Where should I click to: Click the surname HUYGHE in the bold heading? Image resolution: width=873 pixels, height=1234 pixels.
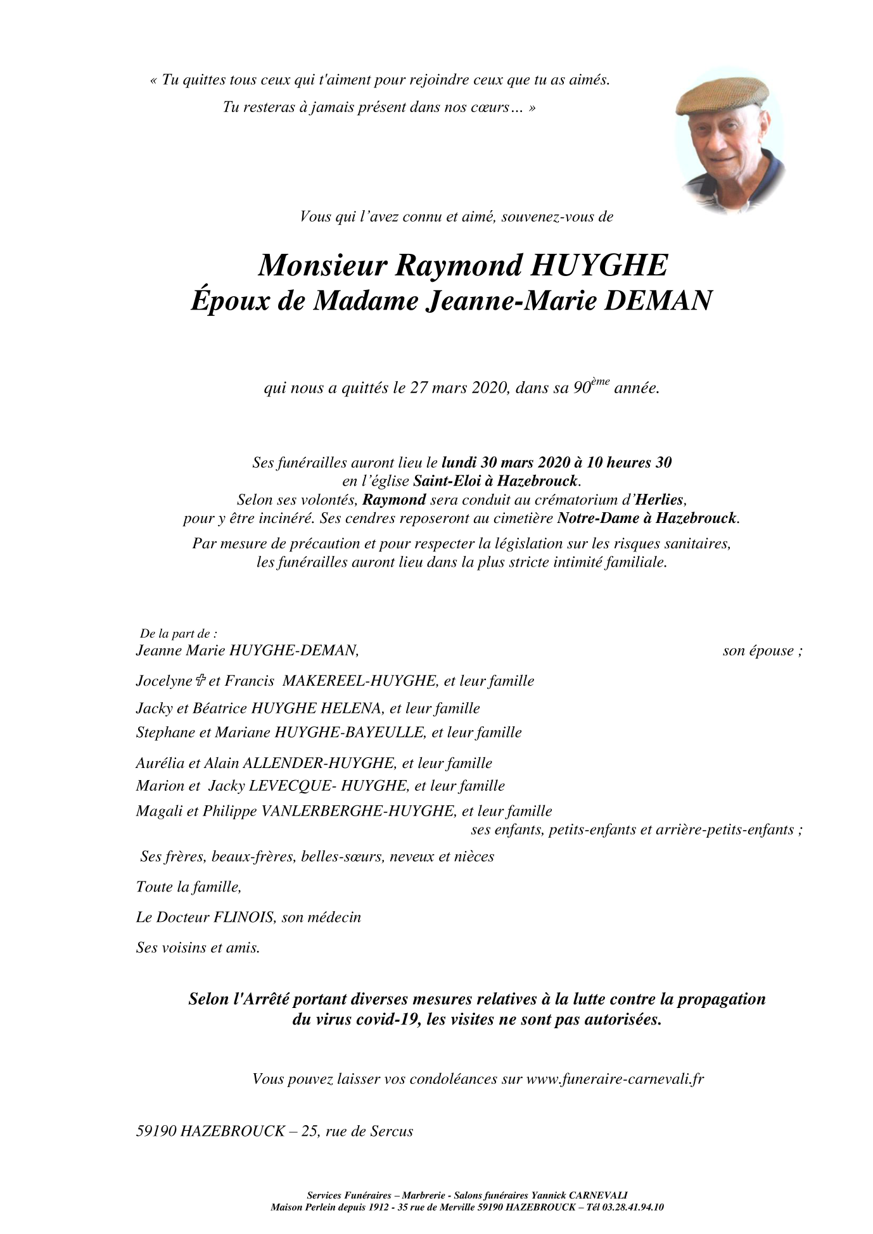597,265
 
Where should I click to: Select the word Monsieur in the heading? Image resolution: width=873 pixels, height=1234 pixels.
321,265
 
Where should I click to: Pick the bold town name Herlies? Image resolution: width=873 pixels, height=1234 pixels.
662,500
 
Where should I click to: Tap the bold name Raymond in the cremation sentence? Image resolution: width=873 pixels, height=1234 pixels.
393,500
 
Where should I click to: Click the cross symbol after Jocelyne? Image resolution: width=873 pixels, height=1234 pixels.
200,681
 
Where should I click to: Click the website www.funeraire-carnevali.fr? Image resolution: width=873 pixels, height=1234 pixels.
615,1079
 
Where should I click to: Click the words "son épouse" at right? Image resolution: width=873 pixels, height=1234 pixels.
758,651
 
